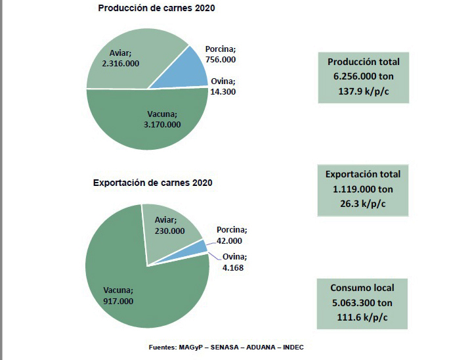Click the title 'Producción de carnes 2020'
(x=156, y=9)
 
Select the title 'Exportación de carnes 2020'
(x=152, y=182)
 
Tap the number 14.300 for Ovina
(x=223, y=92)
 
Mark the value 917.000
(x=118, y=301)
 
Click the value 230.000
(x=169, y=231)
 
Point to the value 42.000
(x=231, y=240)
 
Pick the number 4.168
(x=232, y=267)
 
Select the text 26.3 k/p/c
(x=363, y=202)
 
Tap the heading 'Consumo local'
(x=363, y=288)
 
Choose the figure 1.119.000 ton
(x=363, y=189)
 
